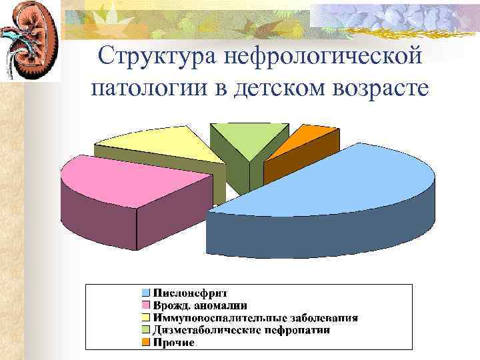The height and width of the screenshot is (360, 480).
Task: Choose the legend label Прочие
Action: coord(173,343)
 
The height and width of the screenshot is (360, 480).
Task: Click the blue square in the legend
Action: coord(145,293)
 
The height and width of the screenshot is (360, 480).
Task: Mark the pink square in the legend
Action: coord(145,305)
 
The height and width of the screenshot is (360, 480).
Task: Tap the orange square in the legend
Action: coord(145,343)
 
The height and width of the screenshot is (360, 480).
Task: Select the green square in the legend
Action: coord(145,330)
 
